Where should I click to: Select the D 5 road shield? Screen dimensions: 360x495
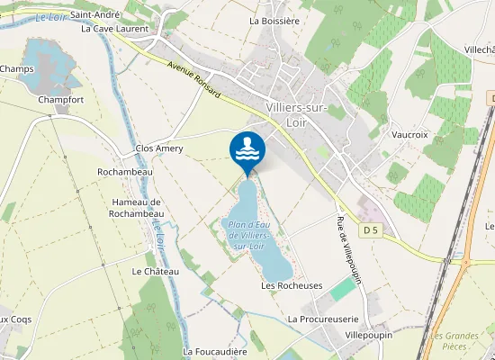pyautogui.click(x=371, y=231)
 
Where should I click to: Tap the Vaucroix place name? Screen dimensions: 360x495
pyautogui.click(x=409, y=134)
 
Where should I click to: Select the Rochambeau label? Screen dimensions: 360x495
pyautogui.click(x=125, y=171)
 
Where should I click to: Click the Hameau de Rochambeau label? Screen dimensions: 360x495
pyautogui.click(x=138, y=208)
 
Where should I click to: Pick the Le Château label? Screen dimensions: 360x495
pyautogui.click(x=149, y=271)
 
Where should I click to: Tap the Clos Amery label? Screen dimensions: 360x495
pyautogui.click(x=158, y=148)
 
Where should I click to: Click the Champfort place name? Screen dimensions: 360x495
pyautogui.click(x=61, y=100)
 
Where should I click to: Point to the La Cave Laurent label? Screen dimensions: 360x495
pyautogui.click(x=114, y=29)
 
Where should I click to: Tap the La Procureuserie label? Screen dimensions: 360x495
pyautogui.click(x=323, y=319)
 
